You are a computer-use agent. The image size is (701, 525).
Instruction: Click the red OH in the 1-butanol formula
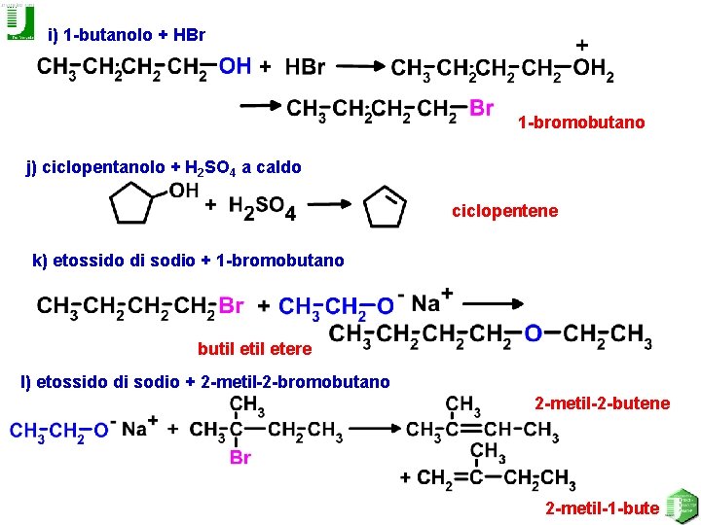(x=235, y=66)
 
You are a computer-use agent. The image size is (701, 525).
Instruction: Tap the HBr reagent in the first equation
(x=306, y=67)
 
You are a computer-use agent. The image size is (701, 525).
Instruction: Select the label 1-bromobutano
(x=581, y=122)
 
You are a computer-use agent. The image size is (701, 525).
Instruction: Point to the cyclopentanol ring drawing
(x=131, y=205)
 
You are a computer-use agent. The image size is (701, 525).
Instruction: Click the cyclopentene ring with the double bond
(x=385, y=208)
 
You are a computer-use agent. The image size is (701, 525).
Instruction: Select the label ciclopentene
(x=504, y=211)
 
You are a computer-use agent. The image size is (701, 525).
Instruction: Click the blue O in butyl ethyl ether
(x=533, y=334)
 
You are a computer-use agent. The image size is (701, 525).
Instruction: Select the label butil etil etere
(x=254, y=349)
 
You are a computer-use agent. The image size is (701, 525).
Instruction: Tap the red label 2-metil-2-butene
(x=603, y=402)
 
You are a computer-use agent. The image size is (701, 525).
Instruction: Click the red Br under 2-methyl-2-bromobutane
(x=240, y=458)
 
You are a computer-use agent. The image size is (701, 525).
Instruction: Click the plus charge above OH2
(x=582, y=45)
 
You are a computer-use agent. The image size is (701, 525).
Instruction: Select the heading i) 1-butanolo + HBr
(x=127, y=35)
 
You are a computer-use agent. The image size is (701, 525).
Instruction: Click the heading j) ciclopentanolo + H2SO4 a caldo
(x=164, y=167)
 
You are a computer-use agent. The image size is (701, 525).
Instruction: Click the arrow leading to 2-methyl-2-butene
(x=375, y=429)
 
